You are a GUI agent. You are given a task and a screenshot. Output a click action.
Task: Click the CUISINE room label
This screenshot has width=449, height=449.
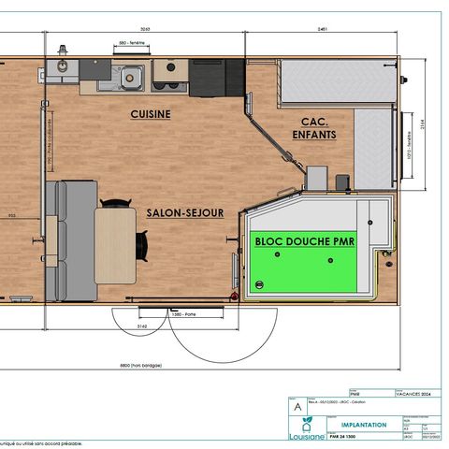(x=150, y=114)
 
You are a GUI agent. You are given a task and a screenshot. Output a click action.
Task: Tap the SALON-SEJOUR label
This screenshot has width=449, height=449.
(x=185, y=212)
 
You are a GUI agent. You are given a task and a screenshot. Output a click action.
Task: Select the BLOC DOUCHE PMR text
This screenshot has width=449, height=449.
(x=299, y=240)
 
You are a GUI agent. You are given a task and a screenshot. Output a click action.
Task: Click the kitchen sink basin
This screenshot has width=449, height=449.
(x=130, y=76)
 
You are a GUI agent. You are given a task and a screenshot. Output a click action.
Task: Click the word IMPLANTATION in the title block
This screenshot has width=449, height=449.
(x=357, y=425)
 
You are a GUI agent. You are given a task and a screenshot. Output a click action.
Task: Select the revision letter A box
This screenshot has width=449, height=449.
(x=297, y=408)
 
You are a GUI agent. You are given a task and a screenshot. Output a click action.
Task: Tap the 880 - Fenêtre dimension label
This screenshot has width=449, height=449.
(x=134, y=43)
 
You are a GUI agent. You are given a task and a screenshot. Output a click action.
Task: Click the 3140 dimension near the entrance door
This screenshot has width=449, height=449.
(x=141, y=327)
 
